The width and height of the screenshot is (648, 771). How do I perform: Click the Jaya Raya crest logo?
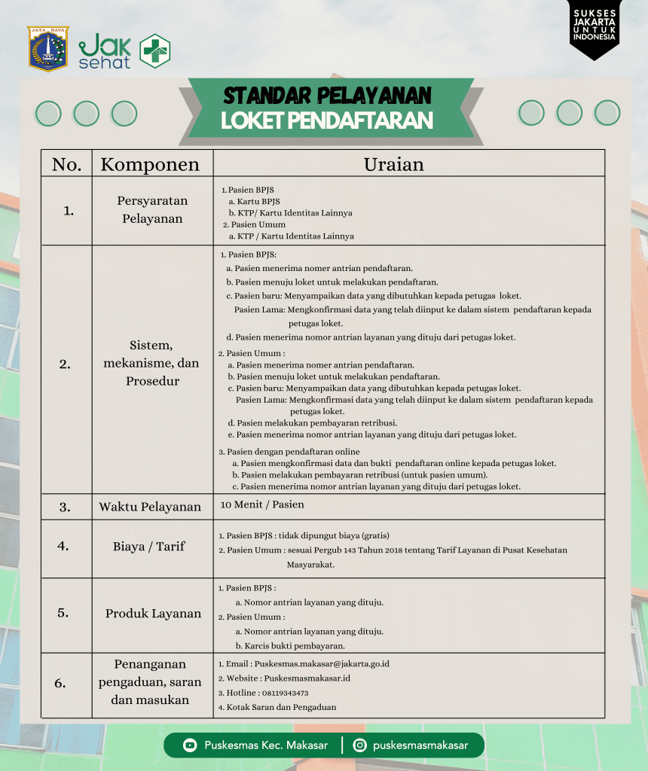47,49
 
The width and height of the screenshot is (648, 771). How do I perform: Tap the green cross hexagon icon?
155,51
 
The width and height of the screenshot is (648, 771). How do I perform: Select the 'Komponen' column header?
150,165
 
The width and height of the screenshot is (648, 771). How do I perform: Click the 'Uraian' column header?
393,164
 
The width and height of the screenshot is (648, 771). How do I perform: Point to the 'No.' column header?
66,165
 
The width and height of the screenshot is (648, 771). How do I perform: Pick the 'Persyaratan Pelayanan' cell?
152,210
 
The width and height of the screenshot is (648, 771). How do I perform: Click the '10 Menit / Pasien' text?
262,504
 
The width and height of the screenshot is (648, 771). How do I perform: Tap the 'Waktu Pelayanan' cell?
150,507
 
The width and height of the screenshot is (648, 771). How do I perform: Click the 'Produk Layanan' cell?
153,614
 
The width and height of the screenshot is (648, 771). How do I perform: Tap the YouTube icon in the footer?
190,745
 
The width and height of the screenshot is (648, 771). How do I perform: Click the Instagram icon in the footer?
360,745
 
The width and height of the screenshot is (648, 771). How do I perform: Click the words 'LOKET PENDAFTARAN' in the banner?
327,120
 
